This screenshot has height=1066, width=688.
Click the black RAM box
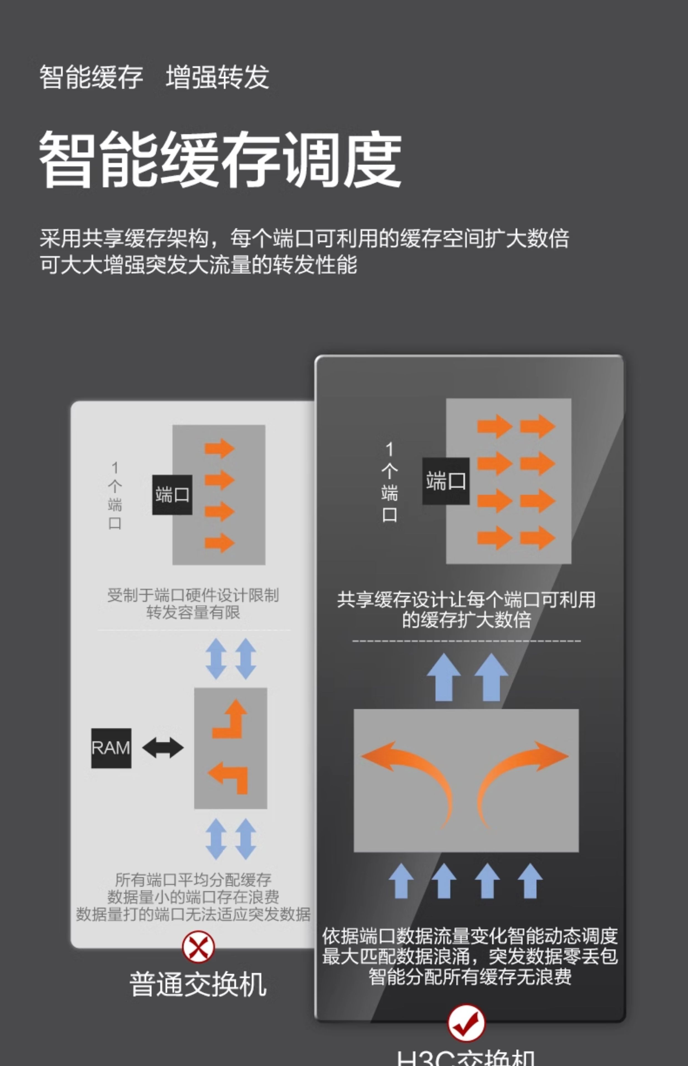click(111, 748)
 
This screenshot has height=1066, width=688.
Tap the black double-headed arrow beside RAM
click(163, 748)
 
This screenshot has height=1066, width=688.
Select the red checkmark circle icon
click(466, 1023)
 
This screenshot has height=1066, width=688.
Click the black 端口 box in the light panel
click(172, 495)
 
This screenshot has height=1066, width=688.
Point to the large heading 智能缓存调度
click(220, 160)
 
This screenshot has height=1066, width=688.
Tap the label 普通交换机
click(198, 985)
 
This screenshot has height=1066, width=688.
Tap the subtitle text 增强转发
click(217, 77)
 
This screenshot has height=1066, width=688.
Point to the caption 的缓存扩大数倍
click(466, 620)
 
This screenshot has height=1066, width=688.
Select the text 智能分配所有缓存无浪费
click(470, 977)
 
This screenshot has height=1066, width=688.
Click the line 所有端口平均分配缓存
click(193, 880)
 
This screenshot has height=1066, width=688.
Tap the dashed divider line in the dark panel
click(466, 641)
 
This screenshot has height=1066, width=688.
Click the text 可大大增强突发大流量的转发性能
click(198, 265)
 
